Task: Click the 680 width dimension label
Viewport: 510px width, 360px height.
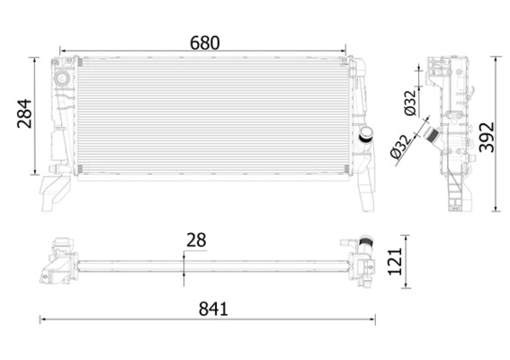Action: coord(205,43)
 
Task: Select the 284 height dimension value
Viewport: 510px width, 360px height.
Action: coord(24,113)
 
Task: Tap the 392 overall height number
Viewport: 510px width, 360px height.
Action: coord(487,138)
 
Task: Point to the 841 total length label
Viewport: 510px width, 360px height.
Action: coord(213,309)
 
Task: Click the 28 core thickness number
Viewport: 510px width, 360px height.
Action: coord(196,240)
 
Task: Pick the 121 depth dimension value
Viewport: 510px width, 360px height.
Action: coord(395,262)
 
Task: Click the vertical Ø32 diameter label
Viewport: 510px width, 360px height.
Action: coord(410,103)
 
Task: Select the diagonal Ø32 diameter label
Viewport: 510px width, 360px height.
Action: coord(401,147)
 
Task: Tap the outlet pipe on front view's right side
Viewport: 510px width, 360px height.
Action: coord(365,135)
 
